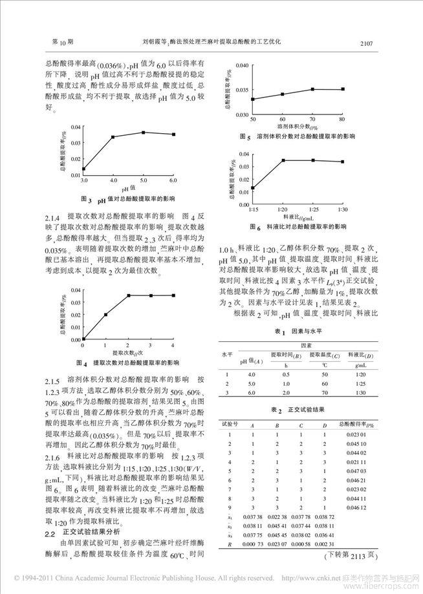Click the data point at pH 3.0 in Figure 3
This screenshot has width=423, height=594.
83,169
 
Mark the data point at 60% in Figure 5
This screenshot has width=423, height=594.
283,94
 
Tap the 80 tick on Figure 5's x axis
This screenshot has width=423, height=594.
342,120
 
